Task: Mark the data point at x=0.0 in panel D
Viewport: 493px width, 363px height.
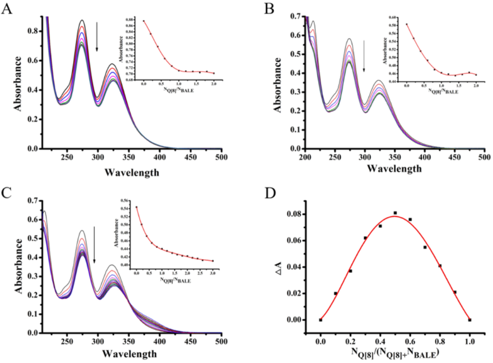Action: [x=320, y=320]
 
